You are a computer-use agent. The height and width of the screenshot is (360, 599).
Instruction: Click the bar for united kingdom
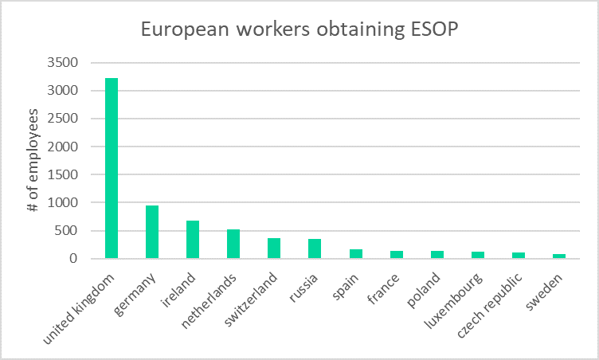(112, 168)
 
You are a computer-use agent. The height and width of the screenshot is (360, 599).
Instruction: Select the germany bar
(152, 232)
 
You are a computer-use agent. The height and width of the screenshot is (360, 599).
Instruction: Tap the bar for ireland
(193, 239)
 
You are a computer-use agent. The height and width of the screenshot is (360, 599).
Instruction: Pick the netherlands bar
(233, 244)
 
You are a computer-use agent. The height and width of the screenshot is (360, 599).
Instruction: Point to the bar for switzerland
(274, 248)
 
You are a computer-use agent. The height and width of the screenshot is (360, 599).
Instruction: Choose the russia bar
(315, 248)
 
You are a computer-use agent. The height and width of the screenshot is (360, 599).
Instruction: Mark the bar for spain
(355, 254)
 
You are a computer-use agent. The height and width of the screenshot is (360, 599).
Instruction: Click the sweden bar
(558, 256)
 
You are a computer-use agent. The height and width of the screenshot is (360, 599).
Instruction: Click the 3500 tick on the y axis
(62, 63)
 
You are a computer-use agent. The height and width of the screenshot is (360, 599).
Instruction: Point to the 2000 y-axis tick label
(62, 147)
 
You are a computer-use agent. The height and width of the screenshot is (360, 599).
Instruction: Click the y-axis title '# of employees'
(33, 161)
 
